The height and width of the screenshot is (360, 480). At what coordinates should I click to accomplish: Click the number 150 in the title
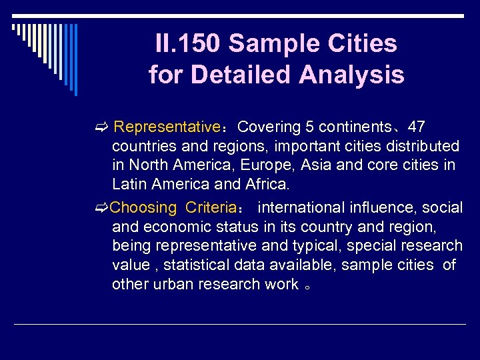[198, 44]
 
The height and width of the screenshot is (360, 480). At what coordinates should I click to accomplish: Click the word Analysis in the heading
[353, 75]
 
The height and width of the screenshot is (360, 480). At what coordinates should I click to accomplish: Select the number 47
[417, 127]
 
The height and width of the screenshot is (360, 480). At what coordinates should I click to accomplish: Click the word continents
[356, 127]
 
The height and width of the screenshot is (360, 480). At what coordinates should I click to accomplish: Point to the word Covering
[269, 127]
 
